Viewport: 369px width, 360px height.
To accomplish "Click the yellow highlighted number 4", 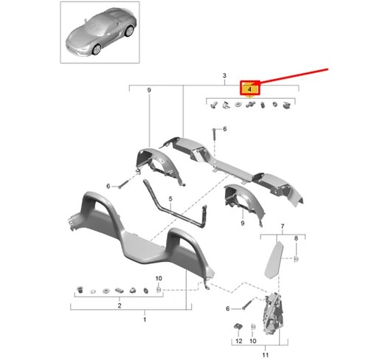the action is [x=249, y=89].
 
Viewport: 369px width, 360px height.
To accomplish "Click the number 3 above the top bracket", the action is [x=224, y=75].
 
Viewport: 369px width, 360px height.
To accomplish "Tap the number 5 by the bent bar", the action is [x=170, y=198].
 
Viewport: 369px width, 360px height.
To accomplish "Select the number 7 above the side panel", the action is [x=283, y=226].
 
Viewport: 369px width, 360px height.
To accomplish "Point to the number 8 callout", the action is [x=296, y=238].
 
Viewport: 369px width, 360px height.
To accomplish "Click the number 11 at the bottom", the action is [x=265, y=355].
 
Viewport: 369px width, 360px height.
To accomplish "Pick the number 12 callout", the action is [x=239, y=341].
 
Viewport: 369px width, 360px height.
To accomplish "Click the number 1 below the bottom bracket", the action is [x=145, y=319].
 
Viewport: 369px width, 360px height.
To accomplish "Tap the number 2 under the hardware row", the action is [x=120, y=305].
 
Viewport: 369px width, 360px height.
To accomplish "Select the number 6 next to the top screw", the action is [x=225, y=129].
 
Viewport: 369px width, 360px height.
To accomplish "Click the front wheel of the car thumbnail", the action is [x=96, y=49].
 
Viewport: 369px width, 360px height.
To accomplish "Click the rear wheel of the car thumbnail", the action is [x=129, y=31].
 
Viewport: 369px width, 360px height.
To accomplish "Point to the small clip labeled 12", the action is [x=238, y=326].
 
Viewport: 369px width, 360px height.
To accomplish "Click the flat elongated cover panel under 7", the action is [x=274, y=260].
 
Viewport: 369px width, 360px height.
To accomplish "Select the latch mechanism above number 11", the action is [x=273, y=313].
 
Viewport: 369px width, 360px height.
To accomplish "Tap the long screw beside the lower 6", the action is [x=249, y=304].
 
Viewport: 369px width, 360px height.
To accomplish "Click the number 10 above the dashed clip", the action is [x=159, y=278].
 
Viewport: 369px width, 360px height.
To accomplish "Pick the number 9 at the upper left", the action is [x=149, y=90].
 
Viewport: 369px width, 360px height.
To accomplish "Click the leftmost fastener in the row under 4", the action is [x=213, y=105].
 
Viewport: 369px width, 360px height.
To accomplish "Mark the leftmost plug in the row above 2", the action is [x=80, y=289].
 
